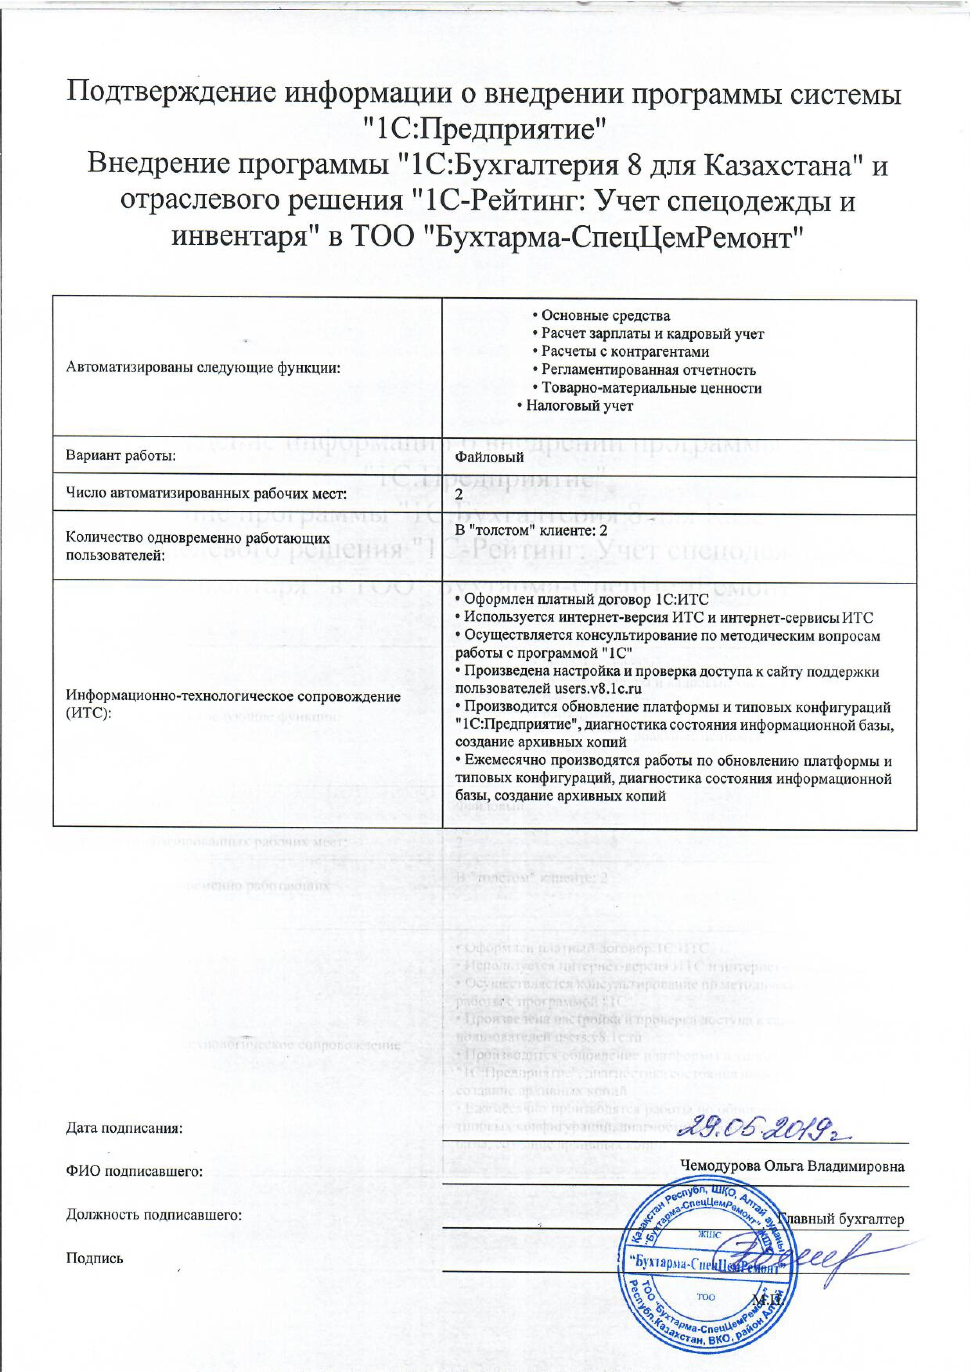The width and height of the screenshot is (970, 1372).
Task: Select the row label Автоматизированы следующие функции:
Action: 203,368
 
